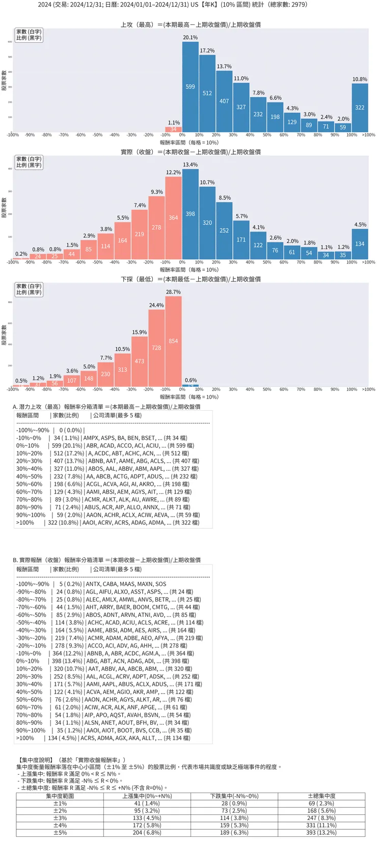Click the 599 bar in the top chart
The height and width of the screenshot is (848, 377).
click(x=190, y=87)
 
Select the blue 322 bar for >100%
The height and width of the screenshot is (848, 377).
click(x=360, y=107)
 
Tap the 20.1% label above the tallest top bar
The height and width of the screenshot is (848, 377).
click(x=190, y=38)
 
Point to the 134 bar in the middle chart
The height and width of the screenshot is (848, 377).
click(x=360, y=244)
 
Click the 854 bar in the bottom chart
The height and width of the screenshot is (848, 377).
click(x=173, y=341)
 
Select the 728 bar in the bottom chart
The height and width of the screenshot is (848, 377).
click(x=156, y=348)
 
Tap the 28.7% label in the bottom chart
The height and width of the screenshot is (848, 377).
click(x=173, y=292)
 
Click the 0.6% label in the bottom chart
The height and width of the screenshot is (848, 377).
click(x=191, y=380)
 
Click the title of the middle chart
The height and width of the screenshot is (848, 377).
click(x=191, y=152)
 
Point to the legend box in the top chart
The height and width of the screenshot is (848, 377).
click(x=29, y=35)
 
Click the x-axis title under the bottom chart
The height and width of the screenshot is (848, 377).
click(x=189, y=397)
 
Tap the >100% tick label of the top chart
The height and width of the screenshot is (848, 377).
click(x=368, y=135)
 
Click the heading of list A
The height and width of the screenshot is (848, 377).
click(x=106, y=407)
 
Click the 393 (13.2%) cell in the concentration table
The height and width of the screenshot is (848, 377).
click(x=321, y=833)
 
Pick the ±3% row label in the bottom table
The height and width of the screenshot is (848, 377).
click(x=60, y=818)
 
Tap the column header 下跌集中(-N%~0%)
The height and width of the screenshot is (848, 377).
click(x=234, y=796)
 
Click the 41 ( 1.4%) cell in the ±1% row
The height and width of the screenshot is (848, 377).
click(x=147, y=803)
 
